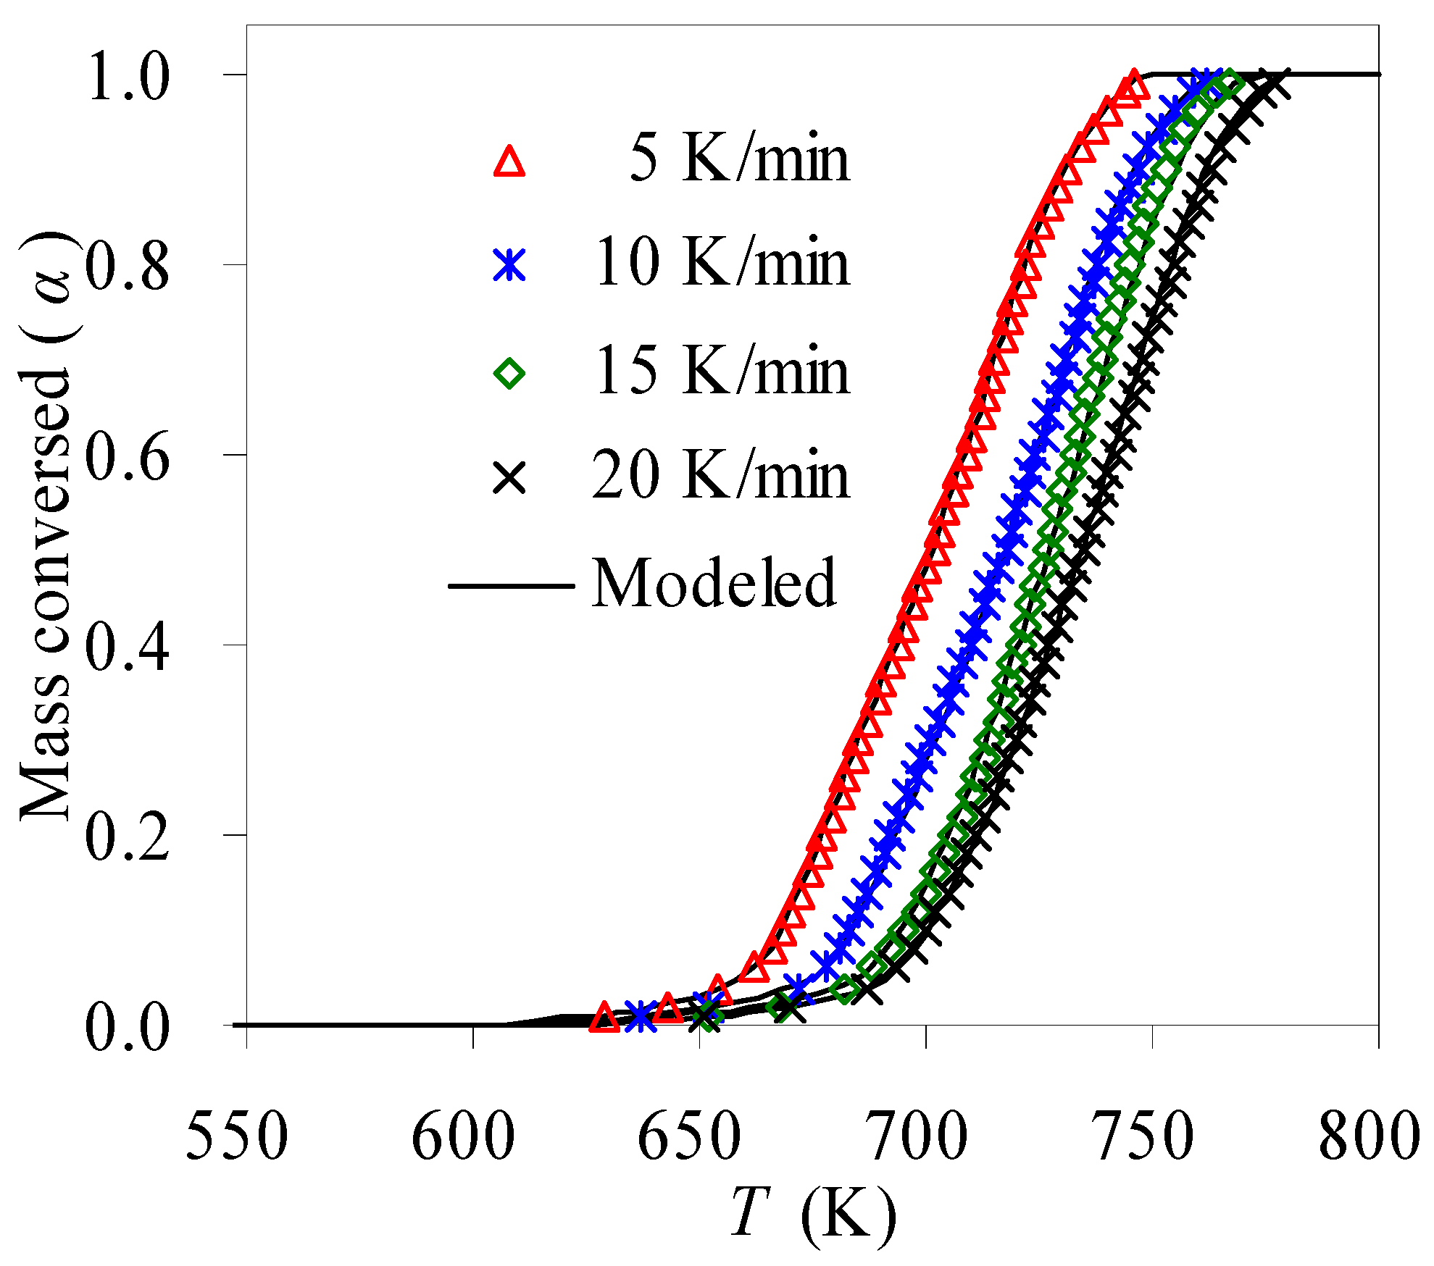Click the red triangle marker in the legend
[x=509, y=162]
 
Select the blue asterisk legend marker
[x=509, y=264]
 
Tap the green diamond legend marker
[x=509, y=373]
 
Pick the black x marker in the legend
[x=509, y=479]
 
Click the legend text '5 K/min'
[x=738, y=159]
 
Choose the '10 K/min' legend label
[x=721, y=264]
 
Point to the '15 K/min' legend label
[x=721, y=372]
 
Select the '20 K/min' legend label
[x=721, y=477]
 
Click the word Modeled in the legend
[x=714, y=583]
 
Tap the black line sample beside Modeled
[x=512, y=585]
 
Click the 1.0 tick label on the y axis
[x=128, y=78]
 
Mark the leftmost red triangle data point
[x=604, y=1018]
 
